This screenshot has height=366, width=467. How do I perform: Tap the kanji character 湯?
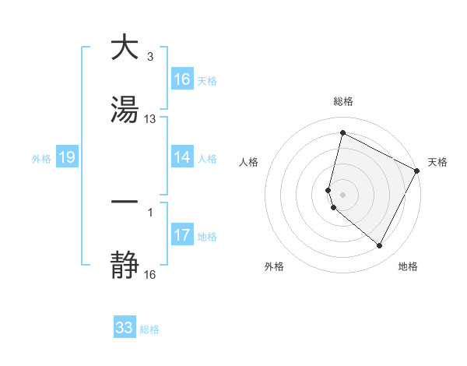pyautogui.click(x=125, y=111)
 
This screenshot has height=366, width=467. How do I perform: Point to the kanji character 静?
pyautogui.click(x=125, y=266)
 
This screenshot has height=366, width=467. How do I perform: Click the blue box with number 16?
pyautogui.click(x=182, y=79)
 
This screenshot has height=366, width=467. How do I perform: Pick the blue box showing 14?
pyautogui.click(x=182, y=157)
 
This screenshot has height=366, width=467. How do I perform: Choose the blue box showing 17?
pyautogui.click(x=182, y=235)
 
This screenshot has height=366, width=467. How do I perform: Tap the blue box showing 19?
pyautogui.click(x=67, y=157)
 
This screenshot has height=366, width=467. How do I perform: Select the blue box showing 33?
pyautogui.click(x=125, y=328)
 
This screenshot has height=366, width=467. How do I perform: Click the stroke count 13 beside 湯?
pyautogui.click(x=150, y=118)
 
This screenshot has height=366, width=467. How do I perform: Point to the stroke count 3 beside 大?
pyautogui.click(x=149, y=56)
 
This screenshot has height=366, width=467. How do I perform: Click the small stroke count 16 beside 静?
pyautogui.click(x=150, y=274)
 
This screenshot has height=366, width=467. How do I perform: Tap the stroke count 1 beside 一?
pyautogui.click(x=149, y=211)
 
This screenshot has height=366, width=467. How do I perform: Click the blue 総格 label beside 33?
pyautogui.click(x=149, y=329)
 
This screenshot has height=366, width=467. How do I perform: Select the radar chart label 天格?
pyautogui.click(x=437, y=162)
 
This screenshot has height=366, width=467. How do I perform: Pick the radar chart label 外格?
pyautogui.click(x=274, y=266)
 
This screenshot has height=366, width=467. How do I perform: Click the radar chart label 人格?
pyautogui.click(x=249, y=162)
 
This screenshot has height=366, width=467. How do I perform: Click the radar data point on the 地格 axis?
pyautogui.click(x=380, y=246)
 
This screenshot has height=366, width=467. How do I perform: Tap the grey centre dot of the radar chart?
pyautogui.click(x=342, y=194)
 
